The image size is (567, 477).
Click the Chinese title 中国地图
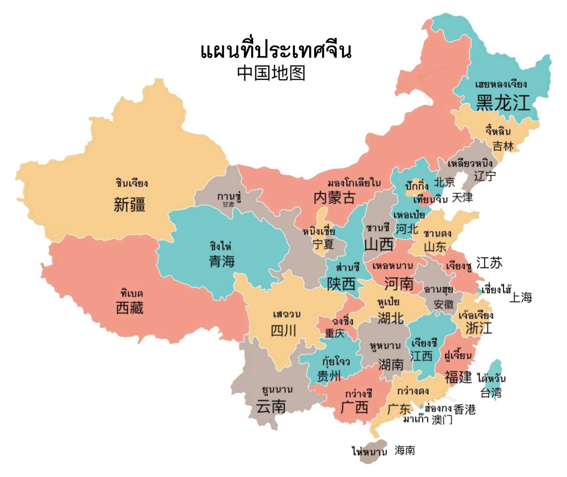pyautogui.click(x=271, y=73)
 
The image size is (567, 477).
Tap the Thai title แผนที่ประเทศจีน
pyautogui.click(x=276, y=51)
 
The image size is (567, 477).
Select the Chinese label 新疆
pyautogui.click(x=129, y=205)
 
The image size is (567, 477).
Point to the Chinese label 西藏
pyautogui.click(x=130, y=308)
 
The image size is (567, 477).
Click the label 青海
pyautogui.click(x=222, y=261)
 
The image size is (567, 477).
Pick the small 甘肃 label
pyautogui.click(x=228, y=205)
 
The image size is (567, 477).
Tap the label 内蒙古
pyautogui.click(x=334, y=198)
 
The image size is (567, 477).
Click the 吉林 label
pyautogui.click(x=503, y=146)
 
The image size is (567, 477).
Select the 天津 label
pyautogui.click(x=462, y=198)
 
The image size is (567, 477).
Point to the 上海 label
pyautogui.click(x=520, y=297)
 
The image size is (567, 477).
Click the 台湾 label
pyautogui.click(x=491, y=392)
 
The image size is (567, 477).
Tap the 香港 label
pyautogui.click(x=465, y=409)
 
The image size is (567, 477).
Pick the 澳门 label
pyautogui.click(x=442, y=420)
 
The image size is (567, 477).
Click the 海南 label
pyautogui.click(x=405, y=450)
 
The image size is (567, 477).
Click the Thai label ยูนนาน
pyautogui.click(x=277, y=390)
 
